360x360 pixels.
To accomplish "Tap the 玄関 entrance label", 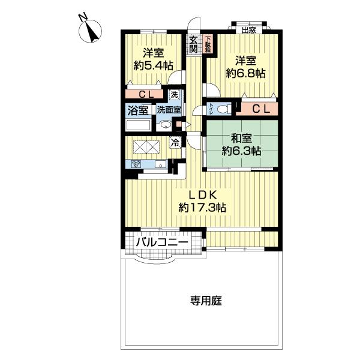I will [x=194, y=45].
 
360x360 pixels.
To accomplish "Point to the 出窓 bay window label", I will [x=248, y=29].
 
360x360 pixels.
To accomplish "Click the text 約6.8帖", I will [x=246, y=73].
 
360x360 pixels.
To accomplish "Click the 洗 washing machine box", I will [x=173, y=94].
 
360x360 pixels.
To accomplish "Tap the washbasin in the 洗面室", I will [x=165, y=124].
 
